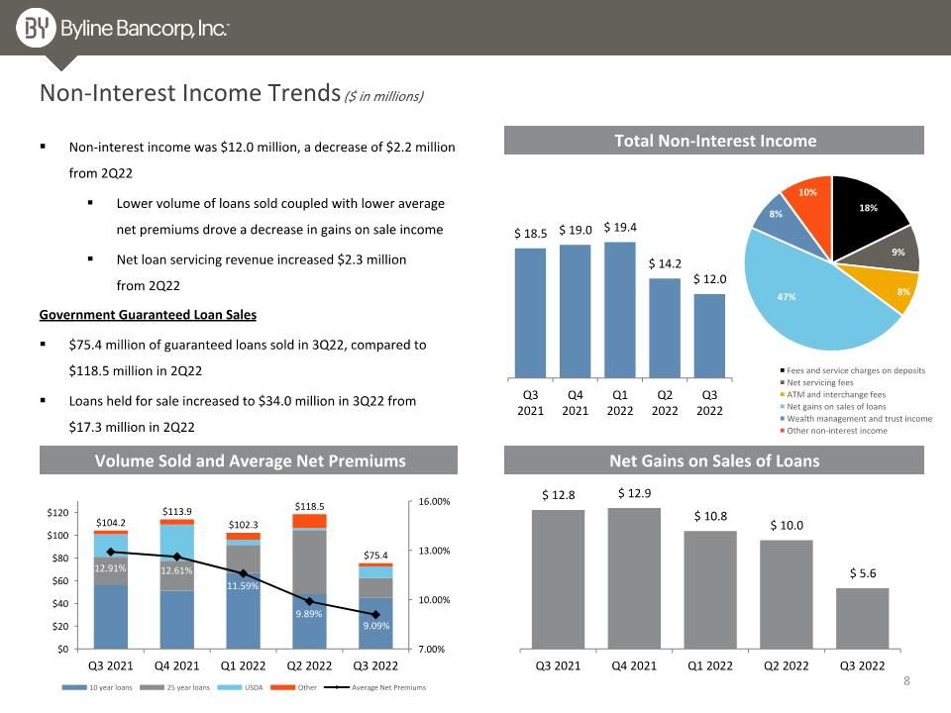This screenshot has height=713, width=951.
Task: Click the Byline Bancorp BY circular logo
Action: (x=36, y=28)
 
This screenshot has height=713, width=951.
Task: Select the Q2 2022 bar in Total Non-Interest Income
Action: (x=665, y=328)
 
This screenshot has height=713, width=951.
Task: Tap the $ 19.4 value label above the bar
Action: (x=620, y=228)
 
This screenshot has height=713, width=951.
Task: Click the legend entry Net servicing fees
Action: (x=819, y=382)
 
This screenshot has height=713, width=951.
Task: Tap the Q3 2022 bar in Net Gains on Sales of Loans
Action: (x=862, y=618)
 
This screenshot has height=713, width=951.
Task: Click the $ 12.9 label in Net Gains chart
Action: (x=634, y=493)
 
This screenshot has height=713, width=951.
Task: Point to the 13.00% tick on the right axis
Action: (x=434, y=552)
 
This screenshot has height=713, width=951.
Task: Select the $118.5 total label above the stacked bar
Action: (x=309, y=506)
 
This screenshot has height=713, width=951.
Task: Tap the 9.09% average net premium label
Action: (x=376, y=626)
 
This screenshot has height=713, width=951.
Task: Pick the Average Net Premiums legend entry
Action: (x=374, y=687)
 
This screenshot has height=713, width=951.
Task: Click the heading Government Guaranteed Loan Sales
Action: (x=148, y=315)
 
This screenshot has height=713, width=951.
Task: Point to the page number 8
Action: (x=906, y=681)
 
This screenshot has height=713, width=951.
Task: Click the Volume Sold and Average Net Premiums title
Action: (x=250, y=460)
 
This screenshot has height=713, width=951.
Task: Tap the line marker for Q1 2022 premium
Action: (x=244, y=573)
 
